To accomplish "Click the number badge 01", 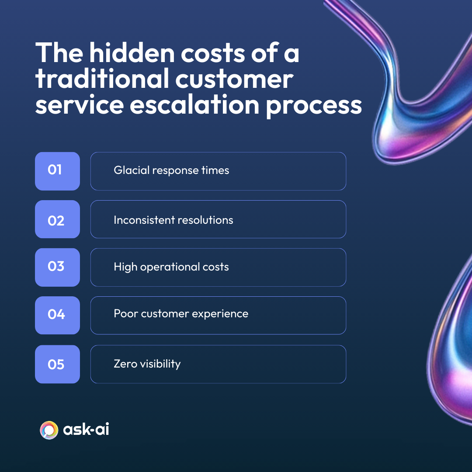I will pos(57,171).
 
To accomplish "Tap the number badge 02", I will pos(57,219).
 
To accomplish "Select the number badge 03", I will pos(57,267).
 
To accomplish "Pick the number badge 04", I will pos(57,315).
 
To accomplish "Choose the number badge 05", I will pos(57,364).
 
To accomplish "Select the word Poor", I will pos(124,314).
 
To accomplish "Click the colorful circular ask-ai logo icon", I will pos(49,430).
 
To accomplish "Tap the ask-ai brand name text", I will pos(86,430).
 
